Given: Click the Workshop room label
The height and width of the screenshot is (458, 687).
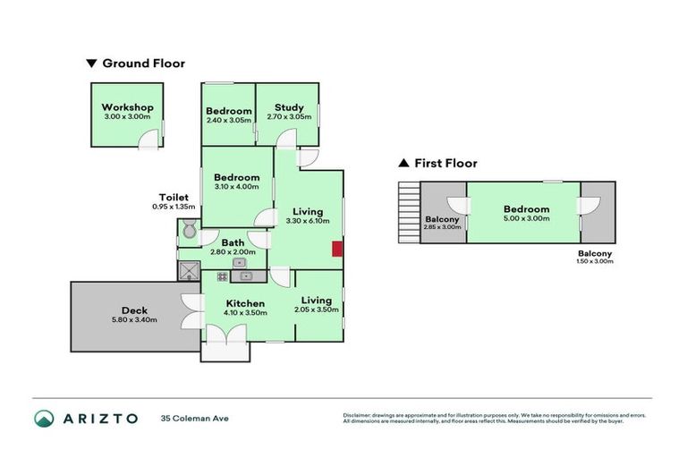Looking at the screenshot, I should coord(127,107).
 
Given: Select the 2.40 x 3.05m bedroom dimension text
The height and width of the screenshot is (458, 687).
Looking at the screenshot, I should coord(229,120).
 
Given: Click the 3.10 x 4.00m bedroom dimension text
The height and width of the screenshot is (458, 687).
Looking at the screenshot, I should coord(236,187).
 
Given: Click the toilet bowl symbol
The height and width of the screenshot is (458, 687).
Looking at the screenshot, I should coord(188,233).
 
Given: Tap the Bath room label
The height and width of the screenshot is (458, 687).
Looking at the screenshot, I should coord(233,242).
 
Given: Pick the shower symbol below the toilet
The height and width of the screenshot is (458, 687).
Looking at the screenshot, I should coord(189,270).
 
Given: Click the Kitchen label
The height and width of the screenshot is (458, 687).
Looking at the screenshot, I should coord(244,303).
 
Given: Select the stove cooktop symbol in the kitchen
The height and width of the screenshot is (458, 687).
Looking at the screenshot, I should coord(222,276).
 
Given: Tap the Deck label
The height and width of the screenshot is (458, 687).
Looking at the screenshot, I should coord(134,310).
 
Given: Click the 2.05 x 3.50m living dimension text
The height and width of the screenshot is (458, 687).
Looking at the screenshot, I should coord(317,310).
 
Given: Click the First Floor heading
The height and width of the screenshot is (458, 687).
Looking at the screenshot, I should coord(445,164).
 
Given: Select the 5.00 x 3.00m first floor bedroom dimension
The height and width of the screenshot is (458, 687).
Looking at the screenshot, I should coord(525,218).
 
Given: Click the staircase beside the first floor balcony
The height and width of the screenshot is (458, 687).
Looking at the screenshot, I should coord(409,213).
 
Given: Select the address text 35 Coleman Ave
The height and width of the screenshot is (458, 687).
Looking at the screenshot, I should coord(194,418).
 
